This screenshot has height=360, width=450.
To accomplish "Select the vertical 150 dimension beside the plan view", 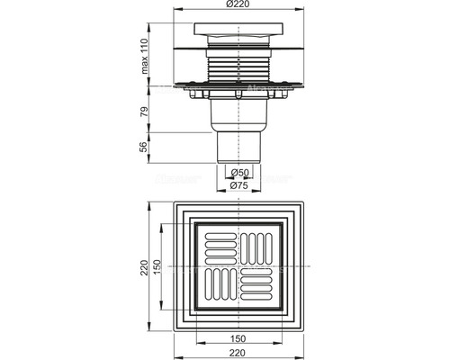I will click(x=157, y=269).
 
